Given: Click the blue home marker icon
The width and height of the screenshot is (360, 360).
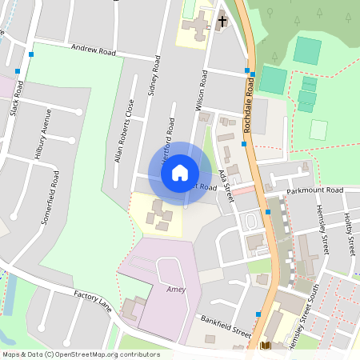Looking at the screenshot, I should [x=180, y=172].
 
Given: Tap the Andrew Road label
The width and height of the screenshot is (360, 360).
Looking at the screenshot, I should [x=94, y=50].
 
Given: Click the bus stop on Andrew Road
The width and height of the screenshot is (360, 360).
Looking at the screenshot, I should [x=30, y=54].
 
